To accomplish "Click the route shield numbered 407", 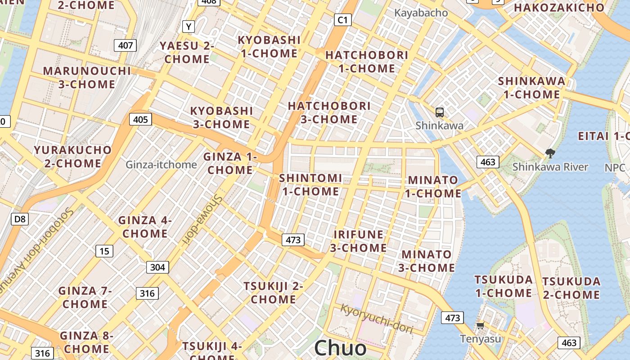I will [126, 45].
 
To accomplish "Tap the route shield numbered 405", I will [140, 119].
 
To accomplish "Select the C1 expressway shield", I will [343, 20].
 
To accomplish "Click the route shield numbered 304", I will [157, 267].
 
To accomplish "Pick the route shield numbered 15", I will [104, 251].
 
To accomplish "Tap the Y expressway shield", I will [189, 27].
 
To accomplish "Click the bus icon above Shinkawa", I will [440, 112].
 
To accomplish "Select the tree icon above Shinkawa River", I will [549, 153].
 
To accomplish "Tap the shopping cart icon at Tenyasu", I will [480, 325].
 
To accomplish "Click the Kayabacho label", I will [421, 13].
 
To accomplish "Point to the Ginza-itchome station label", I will [161, 165].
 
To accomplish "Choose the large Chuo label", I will [340, 348].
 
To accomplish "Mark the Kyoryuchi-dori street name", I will [376, 319].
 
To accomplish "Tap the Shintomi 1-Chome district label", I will [310, 184].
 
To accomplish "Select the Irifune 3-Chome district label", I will [358, 241].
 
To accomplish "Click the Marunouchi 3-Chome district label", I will [87, 77].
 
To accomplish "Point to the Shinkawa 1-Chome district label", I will [531, 88].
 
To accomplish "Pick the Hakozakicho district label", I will [559, 8].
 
